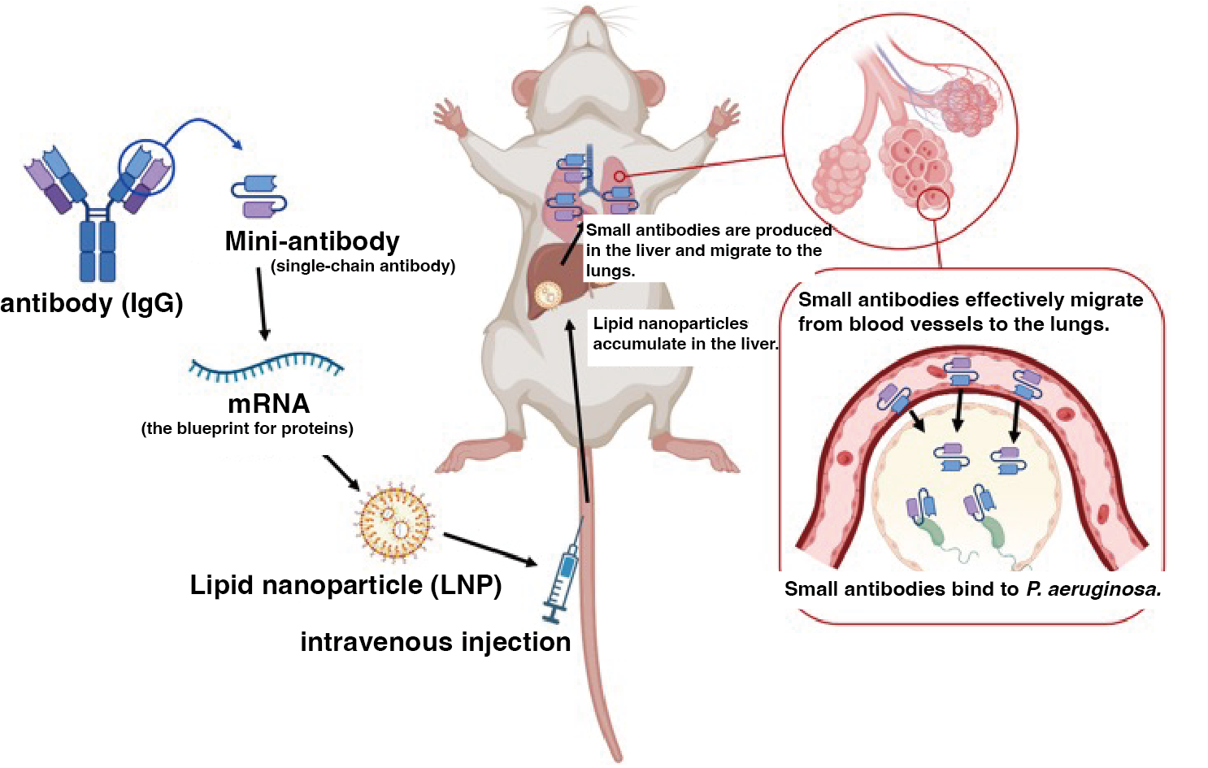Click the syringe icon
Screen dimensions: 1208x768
[563, 579]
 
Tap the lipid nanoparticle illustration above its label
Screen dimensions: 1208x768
[395, 522]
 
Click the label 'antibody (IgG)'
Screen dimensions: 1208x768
[91, 303]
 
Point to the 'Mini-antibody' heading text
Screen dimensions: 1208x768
[312, 241]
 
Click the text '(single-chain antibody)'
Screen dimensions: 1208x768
[363, 266]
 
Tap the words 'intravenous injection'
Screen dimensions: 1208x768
[435, 642]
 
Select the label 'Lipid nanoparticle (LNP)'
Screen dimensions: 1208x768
[345, 585]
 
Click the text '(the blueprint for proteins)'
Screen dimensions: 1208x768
[247, 428]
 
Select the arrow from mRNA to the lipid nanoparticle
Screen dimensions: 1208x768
[341, 473]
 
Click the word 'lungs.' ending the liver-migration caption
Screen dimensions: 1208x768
[610, 271]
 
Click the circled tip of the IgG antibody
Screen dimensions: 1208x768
[147, 166]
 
